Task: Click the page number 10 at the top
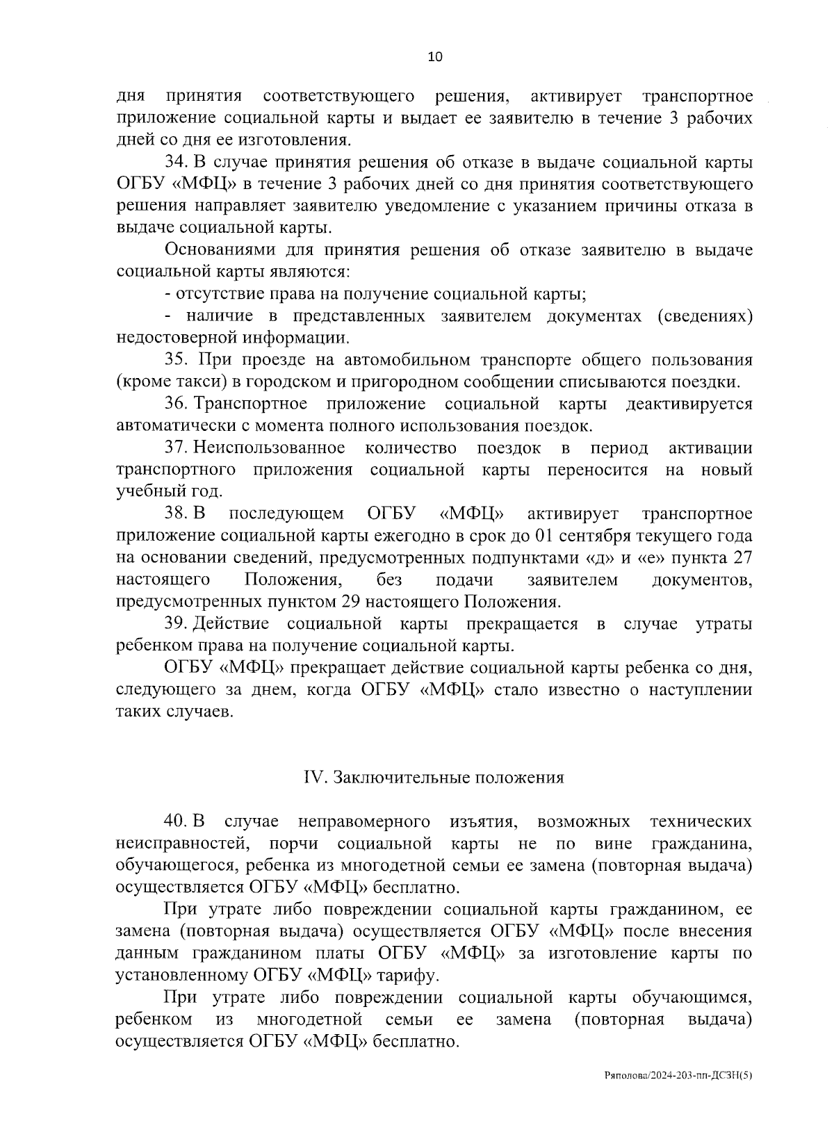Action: coord(434,58)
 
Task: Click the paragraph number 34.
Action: coord(174,162)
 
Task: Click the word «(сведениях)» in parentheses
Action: coord(705,316)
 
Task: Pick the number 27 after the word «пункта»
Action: coord(742,558)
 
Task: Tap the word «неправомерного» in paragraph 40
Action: coord(363,821)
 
